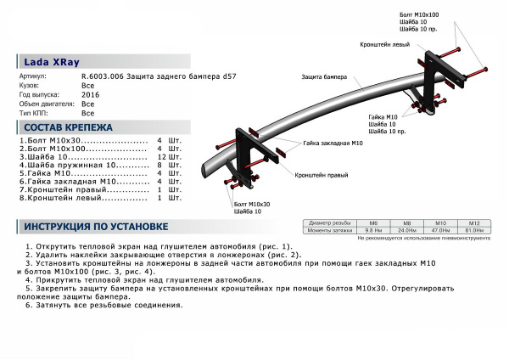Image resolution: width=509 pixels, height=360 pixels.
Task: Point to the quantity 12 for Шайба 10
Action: (160, 157)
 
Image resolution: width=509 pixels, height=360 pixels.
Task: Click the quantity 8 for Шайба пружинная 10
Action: (160, 166)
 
